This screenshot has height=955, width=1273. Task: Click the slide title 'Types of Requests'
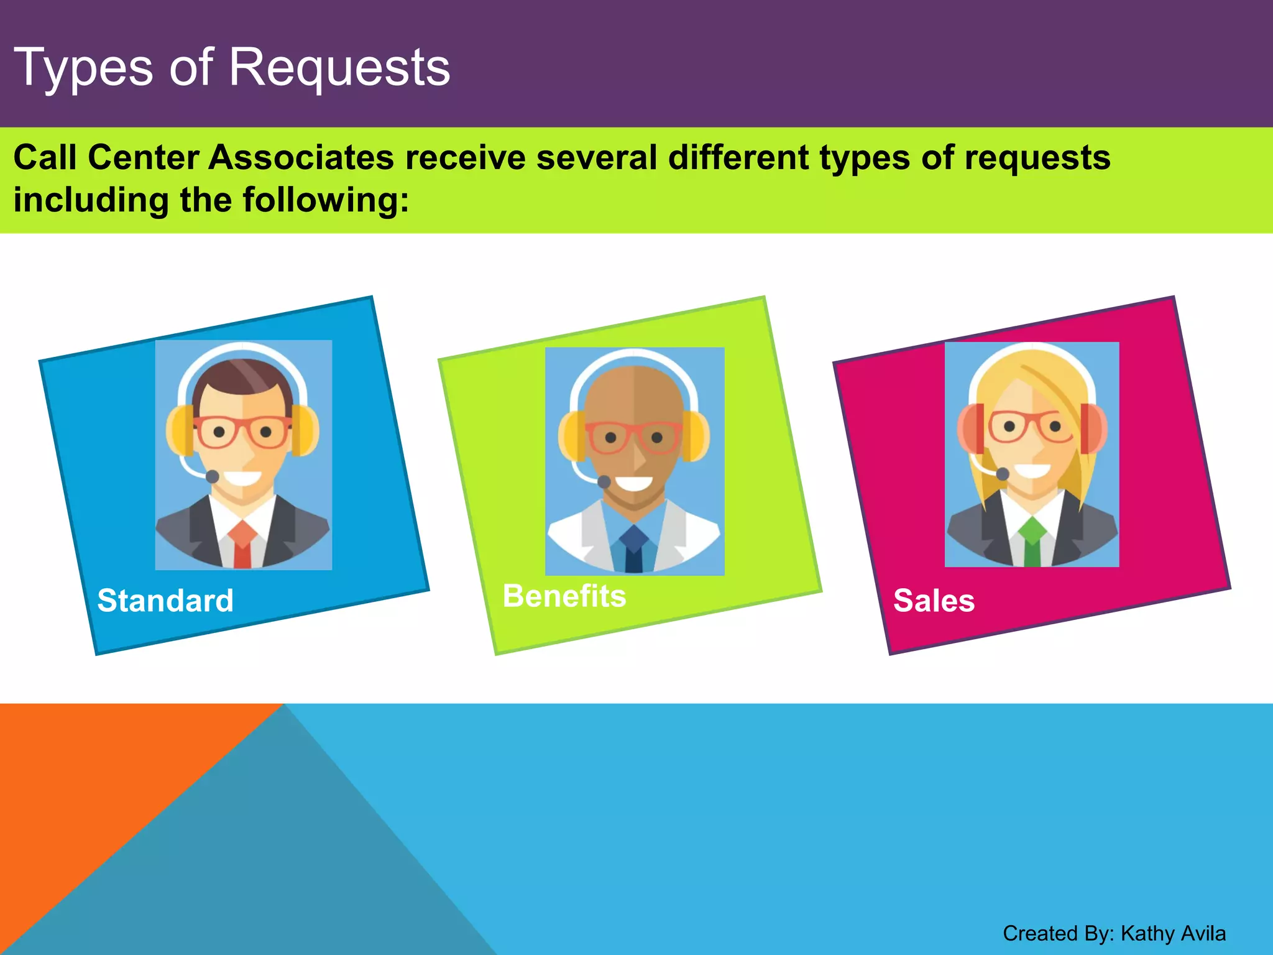coord(232,68)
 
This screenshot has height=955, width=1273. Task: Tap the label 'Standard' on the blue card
coord(165,601)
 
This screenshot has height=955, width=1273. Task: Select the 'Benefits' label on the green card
coord(564,596)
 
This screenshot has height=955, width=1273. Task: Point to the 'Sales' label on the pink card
coord(934,601)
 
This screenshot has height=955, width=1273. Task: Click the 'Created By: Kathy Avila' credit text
coord(1114,933)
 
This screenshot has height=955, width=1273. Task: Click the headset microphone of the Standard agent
coord(213,476)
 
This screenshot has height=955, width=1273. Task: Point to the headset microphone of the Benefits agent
coord(604,481)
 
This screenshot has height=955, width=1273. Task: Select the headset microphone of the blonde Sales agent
coord(1002,474)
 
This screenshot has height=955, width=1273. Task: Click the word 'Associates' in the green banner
coord(301,157)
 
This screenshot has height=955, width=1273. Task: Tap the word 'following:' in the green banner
coord(326,200)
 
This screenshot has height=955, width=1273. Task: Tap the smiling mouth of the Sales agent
coord(1032,469)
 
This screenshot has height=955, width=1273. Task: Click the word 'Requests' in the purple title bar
coord(339,68)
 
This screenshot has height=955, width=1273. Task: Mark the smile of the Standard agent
coord(243,477)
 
